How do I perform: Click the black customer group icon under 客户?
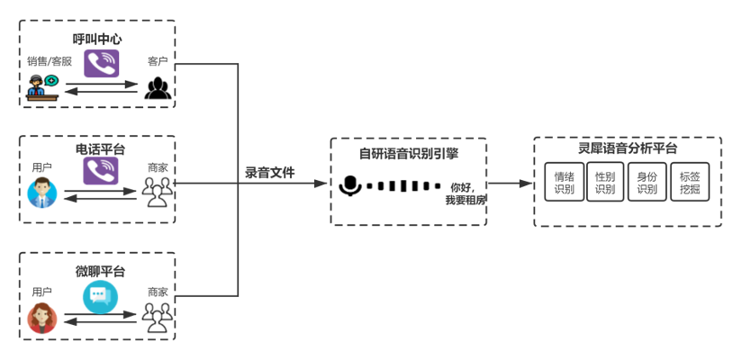pyautogui.click(x=158, y=87)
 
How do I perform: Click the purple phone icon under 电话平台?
pyautogui.click(x=101, y=172)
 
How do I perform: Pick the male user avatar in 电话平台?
pyautogui.click(x=41, y=193)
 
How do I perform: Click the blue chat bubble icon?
pyautogui.click(x=101, y=296)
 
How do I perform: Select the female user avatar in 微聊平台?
pyautogui.click(x=41, y=318)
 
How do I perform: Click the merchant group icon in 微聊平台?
pyautogui.click(x=158, y=314)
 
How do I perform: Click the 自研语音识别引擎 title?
pyautogui.click(x=408, y=153)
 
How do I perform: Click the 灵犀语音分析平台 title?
pyautogui.click(x=628, y=149)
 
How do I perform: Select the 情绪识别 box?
pyautogui.click(x=565, y=183)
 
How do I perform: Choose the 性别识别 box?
pyautogui.click(x=605, y=183)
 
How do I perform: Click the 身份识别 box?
pyautogui.click(x=647, y=183)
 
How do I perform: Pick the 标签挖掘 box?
pyautogui.click(x=689, y=183)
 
